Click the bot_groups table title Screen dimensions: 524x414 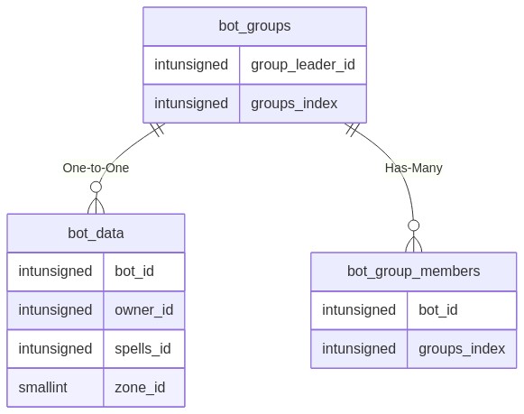click(254, 26)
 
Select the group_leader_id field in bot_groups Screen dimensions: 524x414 click(303, 64)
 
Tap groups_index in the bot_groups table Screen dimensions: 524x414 click(294, 103)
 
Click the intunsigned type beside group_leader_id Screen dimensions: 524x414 click(191, 64)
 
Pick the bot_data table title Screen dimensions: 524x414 click(96, 233)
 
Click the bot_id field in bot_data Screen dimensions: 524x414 click(134, 271)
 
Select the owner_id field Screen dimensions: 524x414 click(144, 309)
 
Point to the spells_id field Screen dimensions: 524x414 click(142, 348)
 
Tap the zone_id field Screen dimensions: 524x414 click(140, 388)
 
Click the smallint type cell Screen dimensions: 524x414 click(42, 387)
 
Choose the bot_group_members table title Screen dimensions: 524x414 click(413, 271)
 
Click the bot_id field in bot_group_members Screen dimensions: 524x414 click(438, 309)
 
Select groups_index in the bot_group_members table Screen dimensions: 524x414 click(462, 348)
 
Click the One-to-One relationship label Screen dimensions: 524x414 click(96, 168)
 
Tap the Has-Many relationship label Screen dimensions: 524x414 click(414, 168)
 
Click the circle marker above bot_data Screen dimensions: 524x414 click(96, 187)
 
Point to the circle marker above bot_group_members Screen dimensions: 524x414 click(414, 225)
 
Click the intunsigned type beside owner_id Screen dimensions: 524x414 click(55, 309)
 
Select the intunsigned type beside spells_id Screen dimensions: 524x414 click(55, 348)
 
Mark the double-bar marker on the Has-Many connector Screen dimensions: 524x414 click(353, 130)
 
